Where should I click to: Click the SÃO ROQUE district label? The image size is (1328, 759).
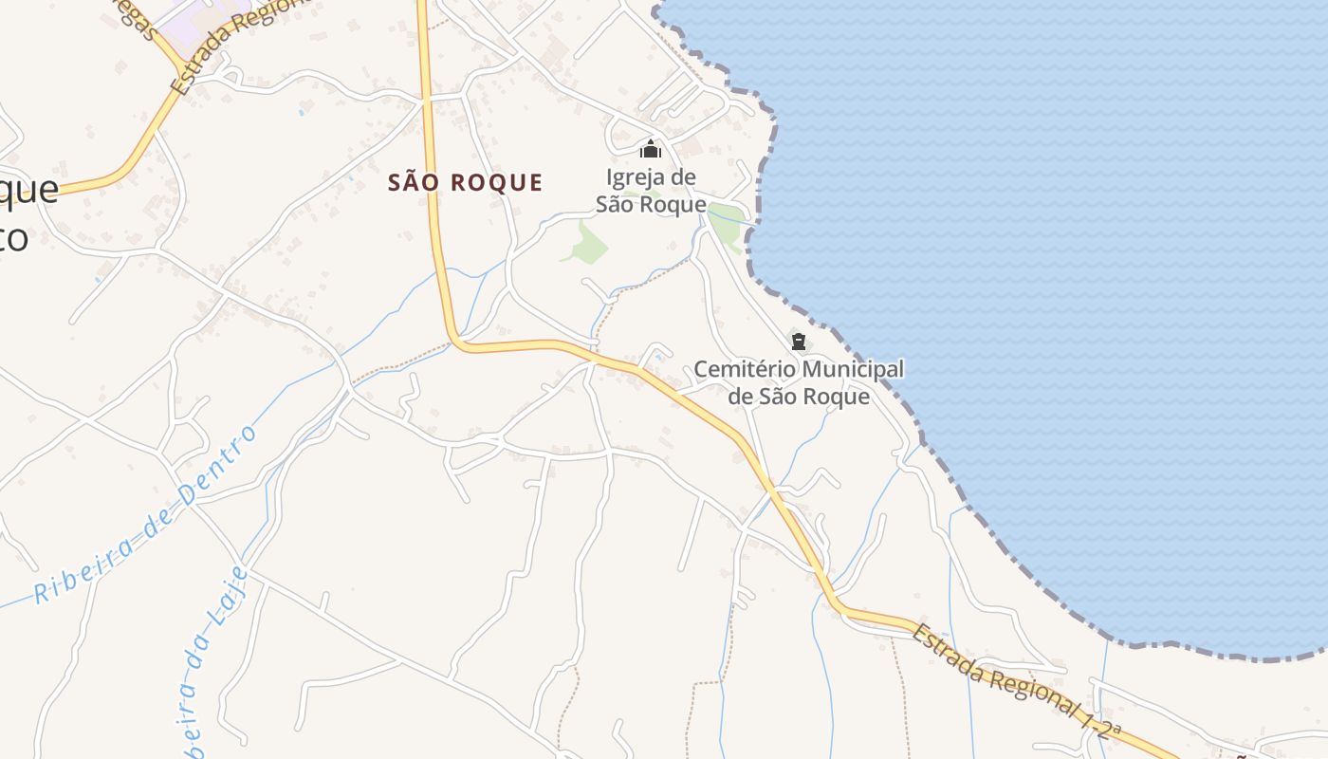pos(465,182)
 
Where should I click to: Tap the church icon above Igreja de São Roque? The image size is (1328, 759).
pos(650,149)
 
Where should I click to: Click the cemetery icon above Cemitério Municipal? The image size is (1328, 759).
pos(798,341)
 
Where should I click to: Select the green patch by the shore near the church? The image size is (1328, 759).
pos(729,225)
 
